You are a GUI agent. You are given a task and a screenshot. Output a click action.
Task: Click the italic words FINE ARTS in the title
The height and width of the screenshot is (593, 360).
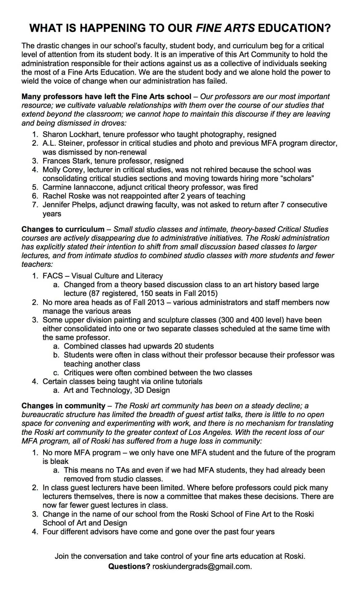(x=225, y=28)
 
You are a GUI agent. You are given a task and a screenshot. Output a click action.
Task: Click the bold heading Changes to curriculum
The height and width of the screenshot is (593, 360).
(x=63, y=229)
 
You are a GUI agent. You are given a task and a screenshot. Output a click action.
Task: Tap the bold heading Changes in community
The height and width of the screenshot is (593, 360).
(x=63, y=406)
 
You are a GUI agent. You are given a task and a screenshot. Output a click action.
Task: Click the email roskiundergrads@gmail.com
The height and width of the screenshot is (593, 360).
(x=202, y=566)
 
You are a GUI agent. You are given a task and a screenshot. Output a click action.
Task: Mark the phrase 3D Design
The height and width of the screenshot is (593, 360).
(x=152, y=390)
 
